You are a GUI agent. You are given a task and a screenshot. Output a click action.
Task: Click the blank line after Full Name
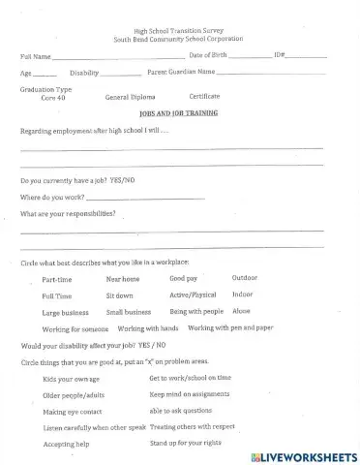(x=102, y=57)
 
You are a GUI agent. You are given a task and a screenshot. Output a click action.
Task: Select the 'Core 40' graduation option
(x=53, y=98)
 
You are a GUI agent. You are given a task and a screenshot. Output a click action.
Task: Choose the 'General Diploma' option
(x=131, y=98)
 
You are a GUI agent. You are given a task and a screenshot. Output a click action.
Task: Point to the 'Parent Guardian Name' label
(x=181, y=72)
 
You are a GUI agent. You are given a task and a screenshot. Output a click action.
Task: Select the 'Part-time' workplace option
(x=57, y=280)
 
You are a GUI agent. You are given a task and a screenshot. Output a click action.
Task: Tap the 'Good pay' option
(x=183, y=279)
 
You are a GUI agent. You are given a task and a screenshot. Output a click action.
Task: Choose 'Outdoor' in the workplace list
(x=245, y=278)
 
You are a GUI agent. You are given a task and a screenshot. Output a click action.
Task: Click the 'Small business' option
(x=128, y=313)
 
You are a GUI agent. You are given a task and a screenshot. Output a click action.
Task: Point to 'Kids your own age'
(x=72, y=379)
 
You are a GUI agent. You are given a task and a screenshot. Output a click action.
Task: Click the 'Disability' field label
(x=84, y=73)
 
